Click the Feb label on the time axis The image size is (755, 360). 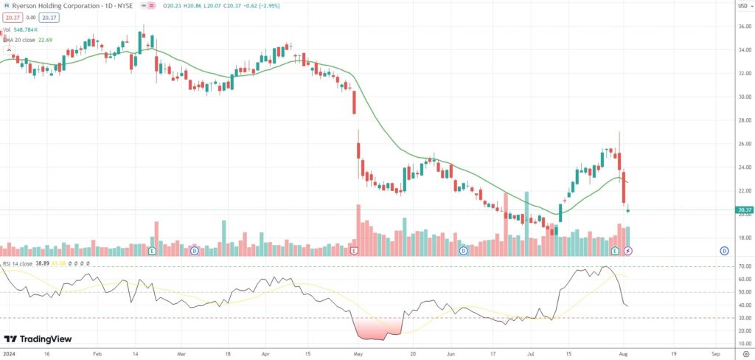tap(97, 354)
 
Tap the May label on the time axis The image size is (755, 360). tap(358, 354)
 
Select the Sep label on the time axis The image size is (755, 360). tap(715, 354)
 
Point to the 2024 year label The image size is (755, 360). tap(8, 354)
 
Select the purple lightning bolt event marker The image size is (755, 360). tap(628, 251)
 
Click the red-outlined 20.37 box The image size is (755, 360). tap(13, 18)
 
